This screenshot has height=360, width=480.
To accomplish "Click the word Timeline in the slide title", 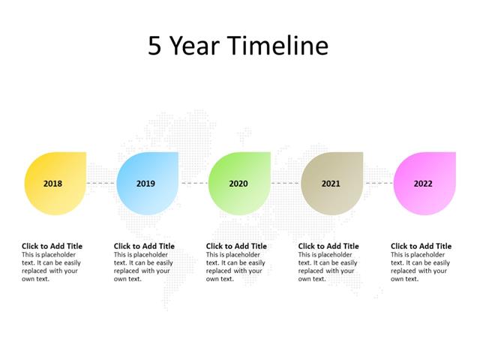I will pos(278,46).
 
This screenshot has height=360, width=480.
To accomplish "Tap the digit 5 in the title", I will pos(154,46).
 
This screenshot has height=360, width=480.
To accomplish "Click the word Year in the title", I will pos(195,46).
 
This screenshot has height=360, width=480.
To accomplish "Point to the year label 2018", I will pos(53,183).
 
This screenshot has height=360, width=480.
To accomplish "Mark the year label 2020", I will pos(238,183).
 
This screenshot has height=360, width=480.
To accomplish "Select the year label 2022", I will pos(423,183).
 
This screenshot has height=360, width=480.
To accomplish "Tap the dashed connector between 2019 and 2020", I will pos(194,182).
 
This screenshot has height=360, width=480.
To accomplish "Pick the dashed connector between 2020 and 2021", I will pos(286,182).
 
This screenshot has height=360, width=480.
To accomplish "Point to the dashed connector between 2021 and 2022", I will pos(379,182).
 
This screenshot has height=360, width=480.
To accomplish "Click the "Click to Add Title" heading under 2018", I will pos(52,246).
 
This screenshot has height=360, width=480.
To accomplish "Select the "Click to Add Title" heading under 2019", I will pos(144,246).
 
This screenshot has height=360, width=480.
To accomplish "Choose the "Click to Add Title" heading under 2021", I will pos(328,246).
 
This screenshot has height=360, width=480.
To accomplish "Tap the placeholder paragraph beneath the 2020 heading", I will pos(235,267).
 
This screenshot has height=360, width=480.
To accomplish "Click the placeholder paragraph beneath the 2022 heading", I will pos(419,267).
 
